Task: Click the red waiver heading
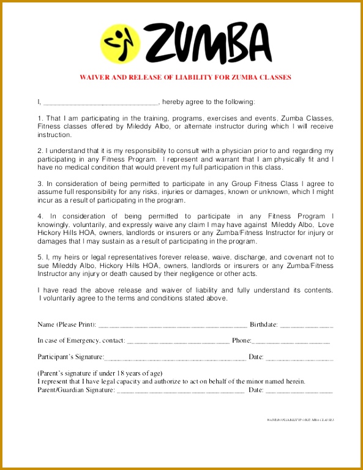click(x=185, y=78)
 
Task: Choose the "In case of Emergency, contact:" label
click(x=81, y=340)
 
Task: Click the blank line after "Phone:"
click(x=291, y=341)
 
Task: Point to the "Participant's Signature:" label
click(x=71, y=357)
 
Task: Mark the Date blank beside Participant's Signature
click(x=299, y=357)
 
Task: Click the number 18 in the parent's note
click(x=119, y=373)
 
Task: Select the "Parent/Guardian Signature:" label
click(x=76, y=389)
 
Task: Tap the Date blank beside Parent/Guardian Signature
click(x=299, y=390)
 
